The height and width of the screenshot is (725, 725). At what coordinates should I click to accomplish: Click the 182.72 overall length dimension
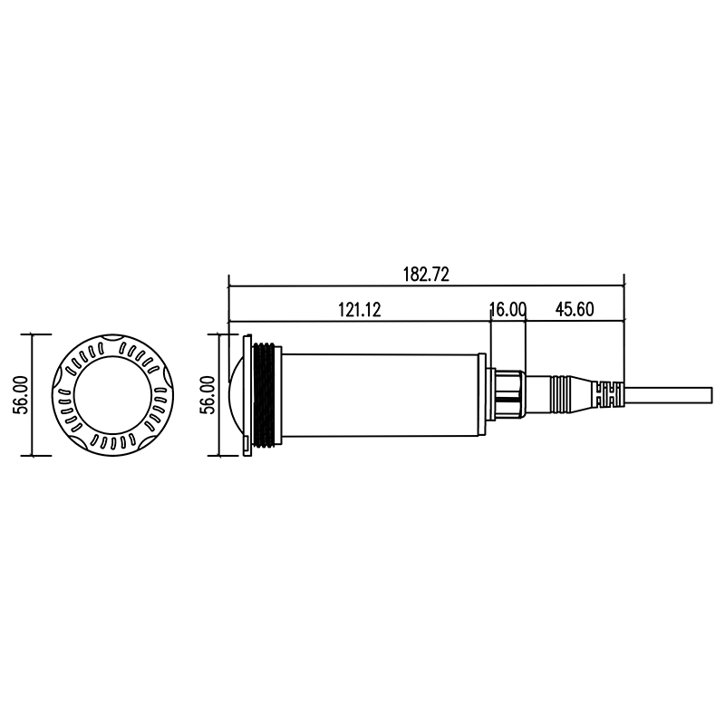(426, 275)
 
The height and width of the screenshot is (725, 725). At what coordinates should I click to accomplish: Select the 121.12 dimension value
(360, 310)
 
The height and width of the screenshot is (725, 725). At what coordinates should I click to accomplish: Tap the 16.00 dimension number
(507, 310)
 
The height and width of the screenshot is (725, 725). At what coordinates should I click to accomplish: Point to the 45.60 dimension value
(575, 309)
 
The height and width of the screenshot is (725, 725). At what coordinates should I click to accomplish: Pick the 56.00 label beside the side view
(208, 394)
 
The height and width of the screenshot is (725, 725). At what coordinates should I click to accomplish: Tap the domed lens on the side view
(236, 394)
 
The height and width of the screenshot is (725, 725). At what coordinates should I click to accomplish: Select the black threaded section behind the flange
(266, 394)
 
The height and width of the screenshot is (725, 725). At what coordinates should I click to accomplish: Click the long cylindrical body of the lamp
(380, 395)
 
